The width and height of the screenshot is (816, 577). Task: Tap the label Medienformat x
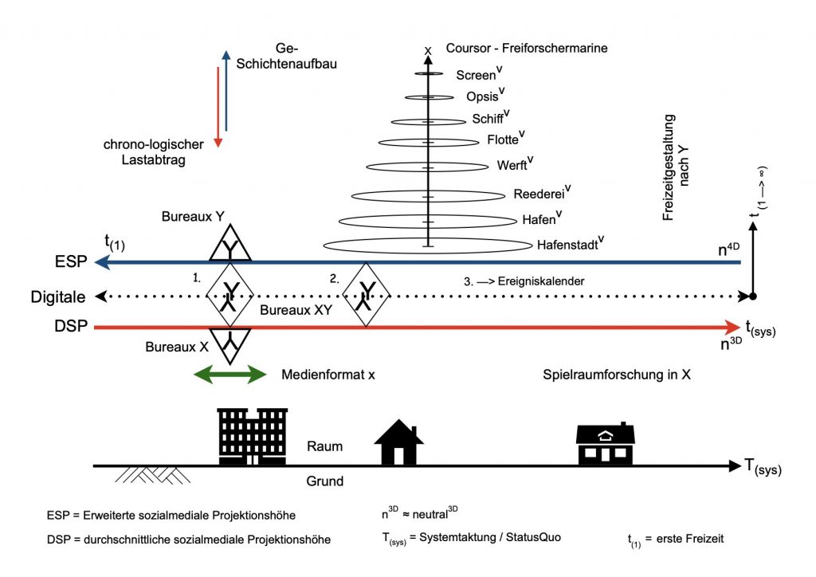(328, 374)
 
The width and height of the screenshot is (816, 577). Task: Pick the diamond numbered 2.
(370, 294)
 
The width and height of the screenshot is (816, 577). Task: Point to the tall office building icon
(252, 436)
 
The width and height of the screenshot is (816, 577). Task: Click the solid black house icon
(398, 443)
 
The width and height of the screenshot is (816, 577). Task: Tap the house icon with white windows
(606, 445)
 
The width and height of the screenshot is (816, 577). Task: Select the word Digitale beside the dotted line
(57, 296)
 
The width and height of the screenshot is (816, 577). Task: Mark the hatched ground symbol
(151, 474)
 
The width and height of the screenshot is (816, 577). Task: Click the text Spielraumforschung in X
(616, 374)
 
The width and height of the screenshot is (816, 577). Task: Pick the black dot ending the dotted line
(753, 296)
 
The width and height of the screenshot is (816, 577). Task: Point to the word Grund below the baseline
(324, 481)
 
